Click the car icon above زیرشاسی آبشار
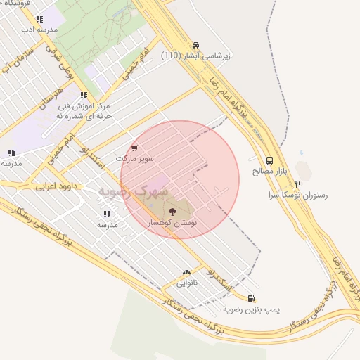[x=195, y=44]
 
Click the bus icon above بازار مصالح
[x=270, y=160]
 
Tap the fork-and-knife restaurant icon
[x=298, y=184]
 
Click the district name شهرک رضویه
[x=133, y=191]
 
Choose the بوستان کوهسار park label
[x=172, y=221]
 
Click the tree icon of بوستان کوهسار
[x=172, y=210]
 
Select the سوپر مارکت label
[x=134, y=159]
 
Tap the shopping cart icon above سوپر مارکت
[x=134, y=148]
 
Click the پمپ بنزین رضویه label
[x=252, y=309]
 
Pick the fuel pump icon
[x=252, y=298]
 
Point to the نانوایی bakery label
[x=186, y=283]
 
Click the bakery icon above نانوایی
[x=186, y=273]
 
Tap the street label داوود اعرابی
[x=55, y=186]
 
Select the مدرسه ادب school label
[x=38, y=30]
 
